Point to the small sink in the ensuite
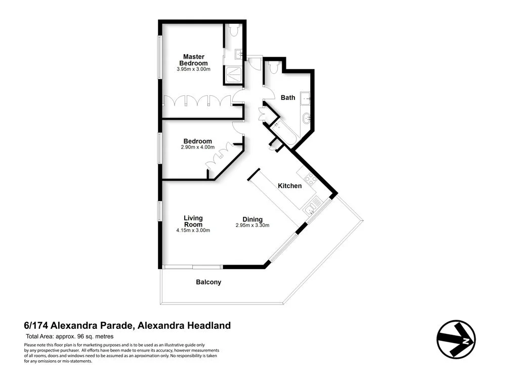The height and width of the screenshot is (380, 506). click(238, 53)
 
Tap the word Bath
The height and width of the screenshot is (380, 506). click(288, 98)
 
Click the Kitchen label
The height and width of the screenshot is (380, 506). click(289, 186)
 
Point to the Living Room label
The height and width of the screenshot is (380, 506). click(193, 221)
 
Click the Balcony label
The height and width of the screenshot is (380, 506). click(208, 282)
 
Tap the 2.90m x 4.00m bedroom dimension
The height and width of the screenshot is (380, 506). click(197, 147)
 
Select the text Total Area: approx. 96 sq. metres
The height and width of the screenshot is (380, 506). click(70, 336)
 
